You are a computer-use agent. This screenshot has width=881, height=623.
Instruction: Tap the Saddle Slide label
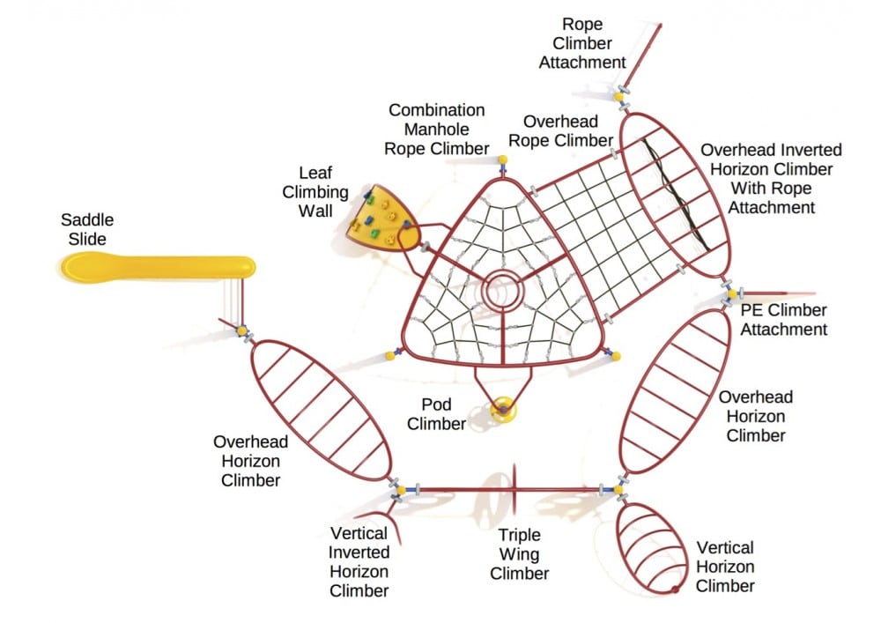coord(87,229)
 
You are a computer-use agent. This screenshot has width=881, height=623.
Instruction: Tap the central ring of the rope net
coord(503,291)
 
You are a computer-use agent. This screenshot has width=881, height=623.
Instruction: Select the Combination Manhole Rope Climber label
coord(437,129)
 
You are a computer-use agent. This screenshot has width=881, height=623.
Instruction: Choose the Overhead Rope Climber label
coord(567,130)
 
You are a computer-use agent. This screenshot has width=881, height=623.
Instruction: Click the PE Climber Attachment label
coord(784,320)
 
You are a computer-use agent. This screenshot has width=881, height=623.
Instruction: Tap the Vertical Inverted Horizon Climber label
coord(359,561)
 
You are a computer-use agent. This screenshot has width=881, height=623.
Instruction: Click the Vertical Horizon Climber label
coord(725,567)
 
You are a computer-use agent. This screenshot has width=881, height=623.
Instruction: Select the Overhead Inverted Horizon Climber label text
coord(771,179)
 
